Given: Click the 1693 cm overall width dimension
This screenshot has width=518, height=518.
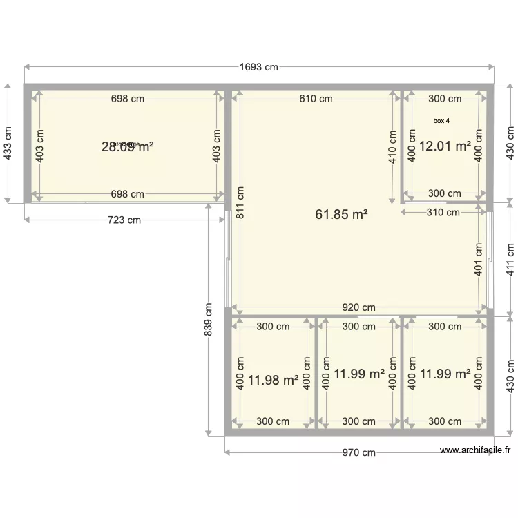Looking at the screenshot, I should coord(259,67).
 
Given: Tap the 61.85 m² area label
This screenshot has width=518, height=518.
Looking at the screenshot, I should coord(341,215).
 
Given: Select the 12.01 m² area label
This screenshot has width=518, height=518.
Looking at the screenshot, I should coord(445,146).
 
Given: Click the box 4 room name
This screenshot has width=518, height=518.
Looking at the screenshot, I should coord(441,121).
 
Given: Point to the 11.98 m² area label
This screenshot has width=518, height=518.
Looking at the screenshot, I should coord(273,379).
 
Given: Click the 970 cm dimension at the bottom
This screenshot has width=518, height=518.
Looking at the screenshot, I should coord(359,453).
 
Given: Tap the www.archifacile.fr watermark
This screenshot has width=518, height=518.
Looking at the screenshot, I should coord(476,450).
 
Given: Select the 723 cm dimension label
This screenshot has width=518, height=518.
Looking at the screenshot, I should coord(125,220).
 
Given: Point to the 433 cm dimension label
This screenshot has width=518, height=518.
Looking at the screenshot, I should coord(8,144).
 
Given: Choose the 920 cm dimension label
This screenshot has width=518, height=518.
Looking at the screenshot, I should coord(358,307).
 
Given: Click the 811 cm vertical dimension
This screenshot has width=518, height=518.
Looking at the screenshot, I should coord(240,202).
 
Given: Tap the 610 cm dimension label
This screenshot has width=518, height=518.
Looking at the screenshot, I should coord(316,99).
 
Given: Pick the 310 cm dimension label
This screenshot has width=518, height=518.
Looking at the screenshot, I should coord(443,213).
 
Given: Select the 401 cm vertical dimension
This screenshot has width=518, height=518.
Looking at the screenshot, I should coord(478,259).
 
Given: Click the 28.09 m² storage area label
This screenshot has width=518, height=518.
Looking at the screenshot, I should coord(127,146).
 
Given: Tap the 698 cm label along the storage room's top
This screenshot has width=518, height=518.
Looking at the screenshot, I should coord(128,99).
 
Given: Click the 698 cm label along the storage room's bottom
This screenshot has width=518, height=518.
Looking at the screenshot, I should coord(128,194).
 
